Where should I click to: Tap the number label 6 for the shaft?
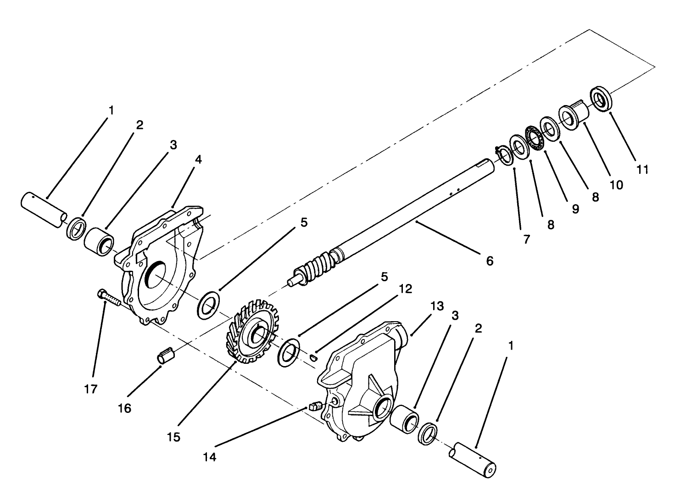pos(490,261)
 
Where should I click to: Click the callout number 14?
pos(210,457)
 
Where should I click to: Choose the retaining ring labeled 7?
pos(505,156)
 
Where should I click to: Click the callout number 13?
pos(437,306)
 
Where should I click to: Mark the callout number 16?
pos(125,408)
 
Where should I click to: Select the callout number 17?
pos(91,389)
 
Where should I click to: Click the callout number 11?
pos(642,169)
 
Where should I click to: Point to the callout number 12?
pos(406,289)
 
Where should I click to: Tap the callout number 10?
pos(616,184)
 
